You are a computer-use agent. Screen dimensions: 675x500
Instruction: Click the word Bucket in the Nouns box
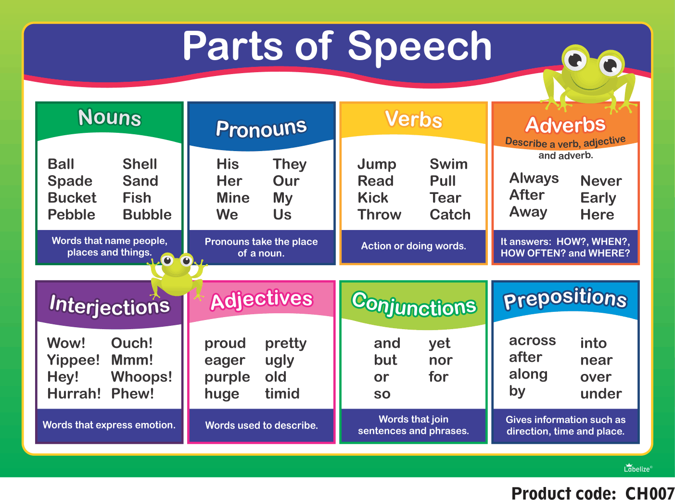72,198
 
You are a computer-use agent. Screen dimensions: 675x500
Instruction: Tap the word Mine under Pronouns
233,198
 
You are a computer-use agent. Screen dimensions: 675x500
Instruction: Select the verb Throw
379,214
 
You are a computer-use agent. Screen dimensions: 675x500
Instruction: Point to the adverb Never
601,181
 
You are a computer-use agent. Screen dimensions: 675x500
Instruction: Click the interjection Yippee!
73,360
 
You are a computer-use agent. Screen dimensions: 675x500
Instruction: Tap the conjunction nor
441,360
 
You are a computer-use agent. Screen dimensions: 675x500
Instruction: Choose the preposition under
601,394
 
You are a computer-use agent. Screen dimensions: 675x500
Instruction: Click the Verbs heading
413,119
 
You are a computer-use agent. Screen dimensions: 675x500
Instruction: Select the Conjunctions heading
414,304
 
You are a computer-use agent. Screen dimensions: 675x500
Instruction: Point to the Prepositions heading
565,298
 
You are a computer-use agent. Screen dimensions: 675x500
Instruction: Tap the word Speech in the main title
420,47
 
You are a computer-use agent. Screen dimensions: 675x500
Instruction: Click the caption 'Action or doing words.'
414,246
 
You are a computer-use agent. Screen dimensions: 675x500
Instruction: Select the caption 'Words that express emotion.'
109,425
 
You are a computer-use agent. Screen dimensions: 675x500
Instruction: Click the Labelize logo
638,468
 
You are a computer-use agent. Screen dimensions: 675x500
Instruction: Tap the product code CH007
650,493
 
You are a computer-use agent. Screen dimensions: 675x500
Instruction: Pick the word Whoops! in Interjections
141,377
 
